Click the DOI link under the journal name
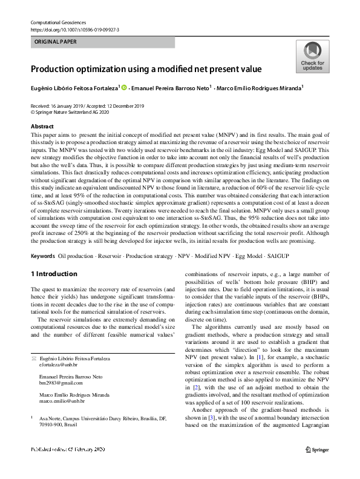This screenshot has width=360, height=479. (74, 29)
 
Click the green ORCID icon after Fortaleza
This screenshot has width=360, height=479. (125, 88)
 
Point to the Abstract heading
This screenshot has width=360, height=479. (42, 126)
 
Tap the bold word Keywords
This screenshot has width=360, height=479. (42, 257)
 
